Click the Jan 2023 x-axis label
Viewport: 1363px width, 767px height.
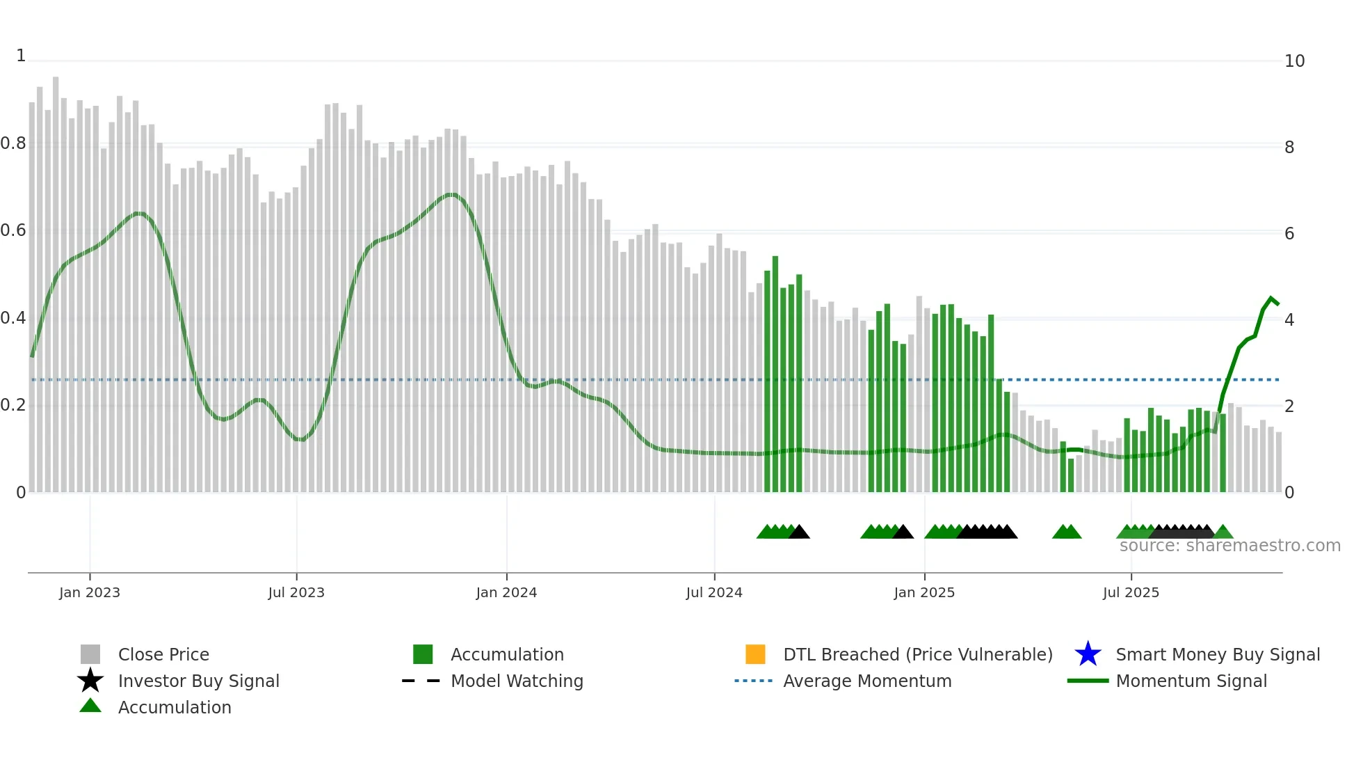click(x=90, y=592)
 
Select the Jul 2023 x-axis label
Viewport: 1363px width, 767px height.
click(x=296, y=592)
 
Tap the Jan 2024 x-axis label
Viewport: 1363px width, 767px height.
click(x=506, y=592)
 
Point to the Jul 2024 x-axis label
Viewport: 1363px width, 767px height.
click(x=714, y=592)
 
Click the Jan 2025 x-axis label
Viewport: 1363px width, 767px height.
click(x=924, y=592)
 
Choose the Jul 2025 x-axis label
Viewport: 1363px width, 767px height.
click(x=1131, y=592)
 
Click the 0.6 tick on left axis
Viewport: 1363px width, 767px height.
click(x=13, y=230)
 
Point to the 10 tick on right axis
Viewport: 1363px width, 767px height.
click(x=1294, y=61)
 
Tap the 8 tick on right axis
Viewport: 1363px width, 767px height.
click(x=1289, y=148)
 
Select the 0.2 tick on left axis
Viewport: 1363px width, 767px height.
click(x=13, y=405)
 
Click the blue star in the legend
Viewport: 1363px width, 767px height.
click(x=1088, y=654)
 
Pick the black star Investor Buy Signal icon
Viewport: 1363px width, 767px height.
click(x=90, y=681)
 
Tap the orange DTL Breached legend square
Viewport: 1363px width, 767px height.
click(x=755, y=654)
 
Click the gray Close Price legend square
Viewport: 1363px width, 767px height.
click(x=90, y=654)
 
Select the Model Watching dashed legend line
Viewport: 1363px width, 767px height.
click(x=421, y=681)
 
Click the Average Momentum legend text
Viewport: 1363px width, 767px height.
click(x=867, y=681)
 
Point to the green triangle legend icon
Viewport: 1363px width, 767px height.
click(x=90, y=706)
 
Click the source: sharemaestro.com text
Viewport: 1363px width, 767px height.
click(x=1229, y=546)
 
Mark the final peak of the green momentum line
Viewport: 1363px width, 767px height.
click(x=1271, y=298)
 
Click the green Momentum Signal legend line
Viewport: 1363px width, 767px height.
click(x=1088, y=681)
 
